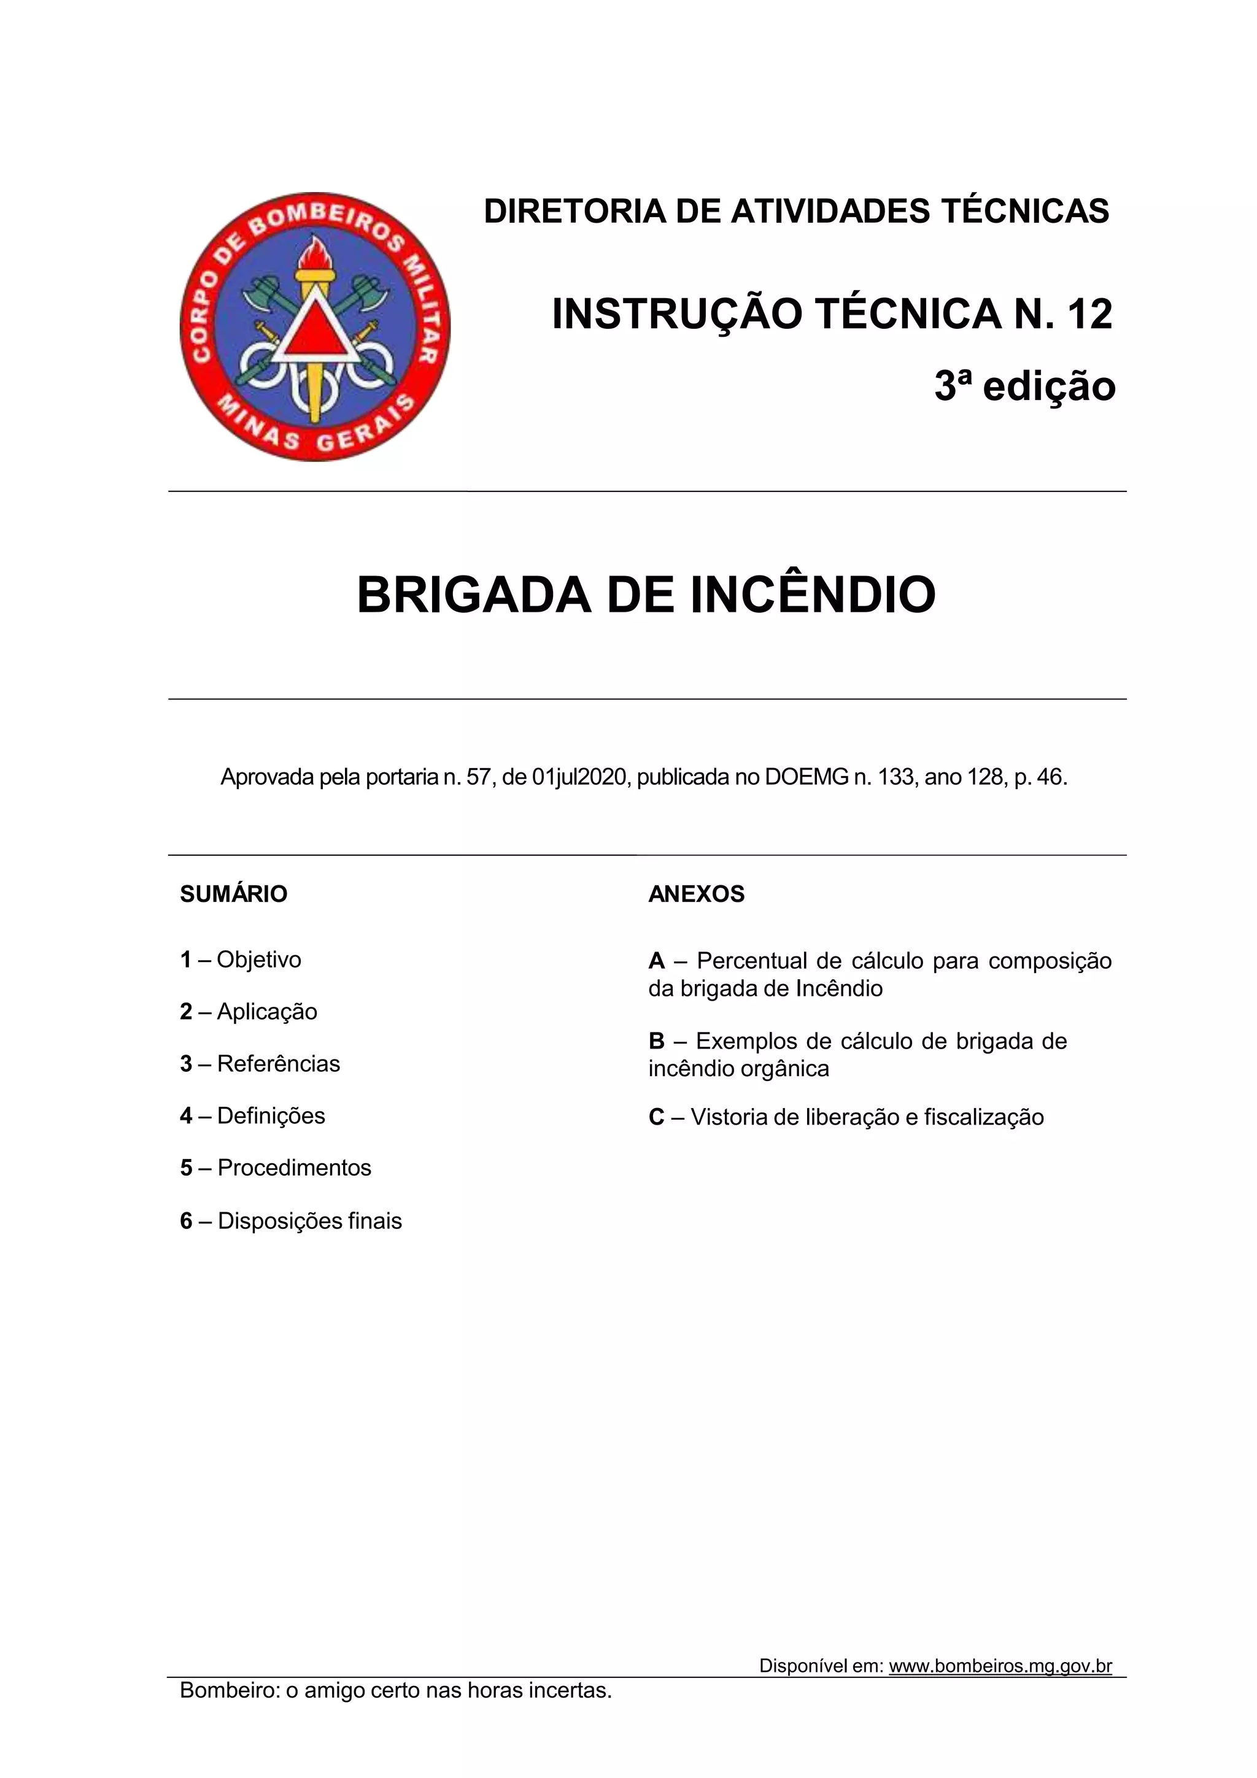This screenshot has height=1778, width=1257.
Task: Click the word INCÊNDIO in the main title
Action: click(813, 596)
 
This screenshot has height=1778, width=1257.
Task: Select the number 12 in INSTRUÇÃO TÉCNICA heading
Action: click(1089, 314)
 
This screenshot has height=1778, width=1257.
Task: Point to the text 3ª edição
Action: click(1024, 387)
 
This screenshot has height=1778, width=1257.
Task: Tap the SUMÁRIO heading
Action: click(233, 894)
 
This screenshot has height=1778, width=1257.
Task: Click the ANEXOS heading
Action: click(696, 894)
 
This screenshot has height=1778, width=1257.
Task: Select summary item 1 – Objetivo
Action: click(241, 960)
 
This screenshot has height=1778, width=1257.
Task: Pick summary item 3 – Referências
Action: click(260, 1063)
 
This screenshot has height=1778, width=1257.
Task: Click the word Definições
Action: click(271, 1116)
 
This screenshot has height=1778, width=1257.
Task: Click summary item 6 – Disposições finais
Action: click(291, 1221)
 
